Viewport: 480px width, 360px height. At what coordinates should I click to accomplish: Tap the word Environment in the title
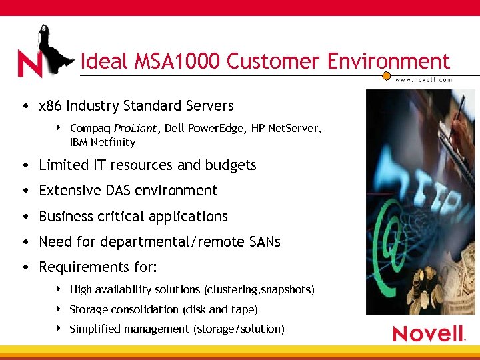(388, 62)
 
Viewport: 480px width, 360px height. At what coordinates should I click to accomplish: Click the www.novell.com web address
(423, 79)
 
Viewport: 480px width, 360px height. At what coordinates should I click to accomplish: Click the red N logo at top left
(29, 64)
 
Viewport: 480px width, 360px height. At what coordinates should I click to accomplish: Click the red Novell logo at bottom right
(429, 333)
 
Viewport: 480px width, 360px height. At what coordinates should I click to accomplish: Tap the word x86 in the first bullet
(51, 106)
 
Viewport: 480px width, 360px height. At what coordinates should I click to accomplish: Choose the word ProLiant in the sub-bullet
(134, 127)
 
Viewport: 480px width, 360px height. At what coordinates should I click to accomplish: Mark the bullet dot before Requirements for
(25, 267)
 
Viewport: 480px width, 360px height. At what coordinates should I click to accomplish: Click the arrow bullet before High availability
(59, 289)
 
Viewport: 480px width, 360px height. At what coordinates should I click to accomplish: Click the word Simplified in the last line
(92, 329)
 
